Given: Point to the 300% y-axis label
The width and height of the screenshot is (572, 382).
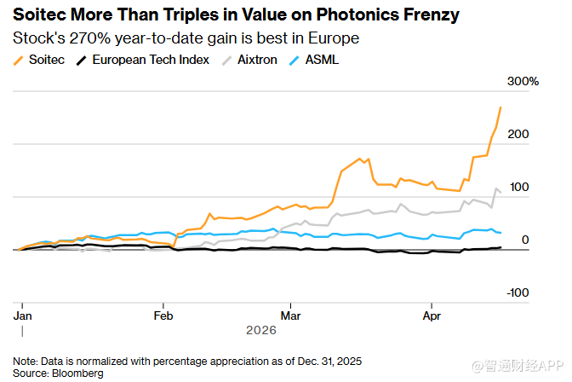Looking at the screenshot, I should click(x=524, y=81).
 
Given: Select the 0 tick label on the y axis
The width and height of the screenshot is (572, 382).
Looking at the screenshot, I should click(x=525, y=240).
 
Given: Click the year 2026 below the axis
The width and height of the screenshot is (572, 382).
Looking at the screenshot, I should click(x=261, y=330).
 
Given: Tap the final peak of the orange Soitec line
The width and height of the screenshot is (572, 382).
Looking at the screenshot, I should click(x=500, y=107).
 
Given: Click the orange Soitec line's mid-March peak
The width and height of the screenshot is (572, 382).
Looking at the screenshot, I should click(x=360, y=158).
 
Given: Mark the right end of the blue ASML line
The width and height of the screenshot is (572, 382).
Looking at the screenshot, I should click(x=501, y=232).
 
